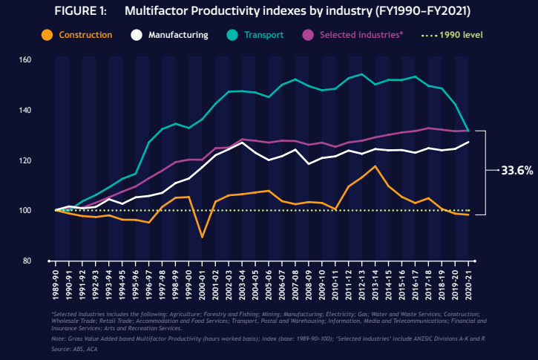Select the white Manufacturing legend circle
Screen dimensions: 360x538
point(136,34)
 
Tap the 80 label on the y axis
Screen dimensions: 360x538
point(46,261)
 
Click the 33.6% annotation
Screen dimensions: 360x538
point(516,171)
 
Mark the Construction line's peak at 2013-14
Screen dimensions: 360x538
point(375,166)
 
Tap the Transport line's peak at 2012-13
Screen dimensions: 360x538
point(362,74)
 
